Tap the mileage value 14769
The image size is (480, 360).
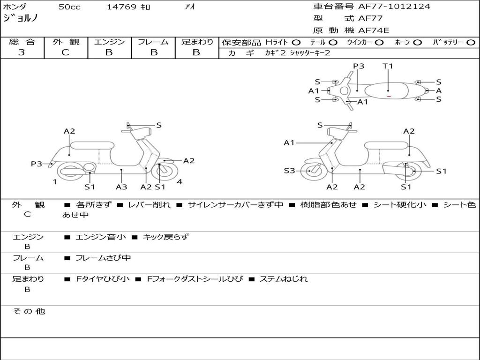pos(121,7)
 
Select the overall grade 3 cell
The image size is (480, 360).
pos(22,52)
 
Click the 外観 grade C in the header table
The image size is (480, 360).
pos(65,52)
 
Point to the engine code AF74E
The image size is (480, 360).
pos(374,31)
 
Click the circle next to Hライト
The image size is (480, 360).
pos(296,42)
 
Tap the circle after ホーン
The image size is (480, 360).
pos(417,42)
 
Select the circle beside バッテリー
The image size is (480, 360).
pos(471,42)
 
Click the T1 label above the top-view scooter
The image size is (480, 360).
pos(388,66)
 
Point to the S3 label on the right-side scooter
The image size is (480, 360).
pos(289,171)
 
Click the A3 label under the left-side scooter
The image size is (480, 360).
pos(121,187)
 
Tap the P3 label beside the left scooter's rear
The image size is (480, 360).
pos(37,164)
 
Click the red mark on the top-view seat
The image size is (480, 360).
pos(389,96)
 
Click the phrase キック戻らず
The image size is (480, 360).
pos(165,237)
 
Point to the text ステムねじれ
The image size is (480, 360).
pos(284,279)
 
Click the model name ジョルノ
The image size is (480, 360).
pos(20,19)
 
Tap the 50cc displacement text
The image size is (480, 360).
pos(69,7)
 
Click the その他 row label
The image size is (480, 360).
pos(29,311)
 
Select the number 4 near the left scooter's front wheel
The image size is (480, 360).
pos(180,182)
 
